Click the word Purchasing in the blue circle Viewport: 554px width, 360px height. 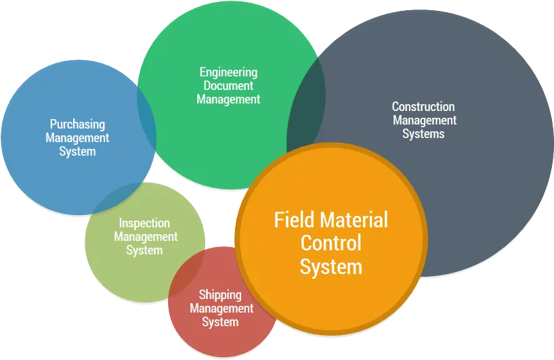(x=77, y=125)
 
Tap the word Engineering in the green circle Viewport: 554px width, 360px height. (x=229, y=72)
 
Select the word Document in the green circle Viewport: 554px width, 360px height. (x=229, y=85)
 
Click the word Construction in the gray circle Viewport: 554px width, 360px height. (x=423, y=107)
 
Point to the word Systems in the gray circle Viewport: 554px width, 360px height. (x=423, y=134)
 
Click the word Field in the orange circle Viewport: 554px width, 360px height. (x=294, y=219)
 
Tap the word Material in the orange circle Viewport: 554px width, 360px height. (x=354, y=219)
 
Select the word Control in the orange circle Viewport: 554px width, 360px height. (x=331, y=243)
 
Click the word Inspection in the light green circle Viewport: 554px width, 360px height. (x=144, y=223)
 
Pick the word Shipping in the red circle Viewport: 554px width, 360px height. (x=220, y=296)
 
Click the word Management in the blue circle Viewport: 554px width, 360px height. (x=77, y=138)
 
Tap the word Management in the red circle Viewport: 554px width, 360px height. (x=221, y=309)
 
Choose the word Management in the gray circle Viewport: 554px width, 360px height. (x=425, y=120)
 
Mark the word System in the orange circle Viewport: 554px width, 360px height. (x=331, y=267)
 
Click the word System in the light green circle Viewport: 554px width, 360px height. (x=144, y=250)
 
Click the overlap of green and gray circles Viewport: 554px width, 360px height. (x=305, y=113)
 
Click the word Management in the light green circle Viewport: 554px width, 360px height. (x=146, y=237)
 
